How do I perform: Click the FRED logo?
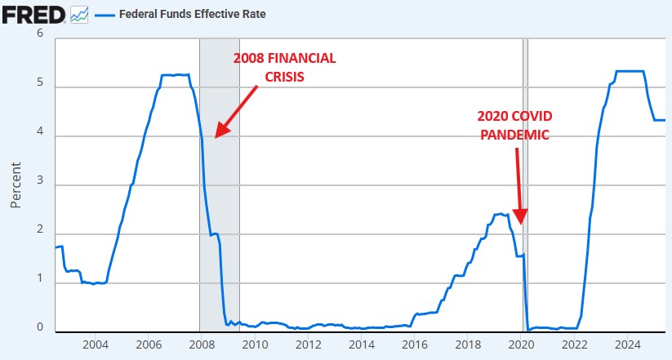click(33, 15)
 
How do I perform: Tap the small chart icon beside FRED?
click(79, 15)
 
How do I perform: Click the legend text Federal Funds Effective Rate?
click(193, 14)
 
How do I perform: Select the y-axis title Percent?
click(16, 185)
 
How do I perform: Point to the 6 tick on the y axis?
click(40, 33)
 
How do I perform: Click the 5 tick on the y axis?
click(40, 82)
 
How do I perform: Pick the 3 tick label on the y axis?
click(40, 180)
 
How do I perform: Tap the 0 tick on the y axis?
click(40, 327)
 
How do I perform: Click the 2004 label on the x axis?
click(96, 344)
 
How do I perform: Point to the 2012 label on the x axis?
click(308, 344)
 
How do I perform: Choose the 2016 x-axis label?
click(415, 344)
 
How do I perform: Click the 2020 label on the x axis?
click(521, 344)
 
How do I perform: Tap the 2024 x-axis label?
click(627, 344)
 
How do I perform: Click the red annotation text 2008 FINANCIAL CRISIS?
click(285, 67)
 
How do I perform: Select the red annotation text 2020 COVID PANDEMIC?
click(514, 125)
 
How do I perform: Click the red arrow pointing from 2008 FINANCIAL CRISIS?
click(236, 112)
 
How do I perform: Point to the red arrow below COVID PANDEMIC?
click(519, 186)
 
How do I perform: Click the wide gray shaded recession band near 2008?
click(220, 185)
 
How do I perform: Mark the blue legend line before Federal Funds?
click(105, 16)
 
